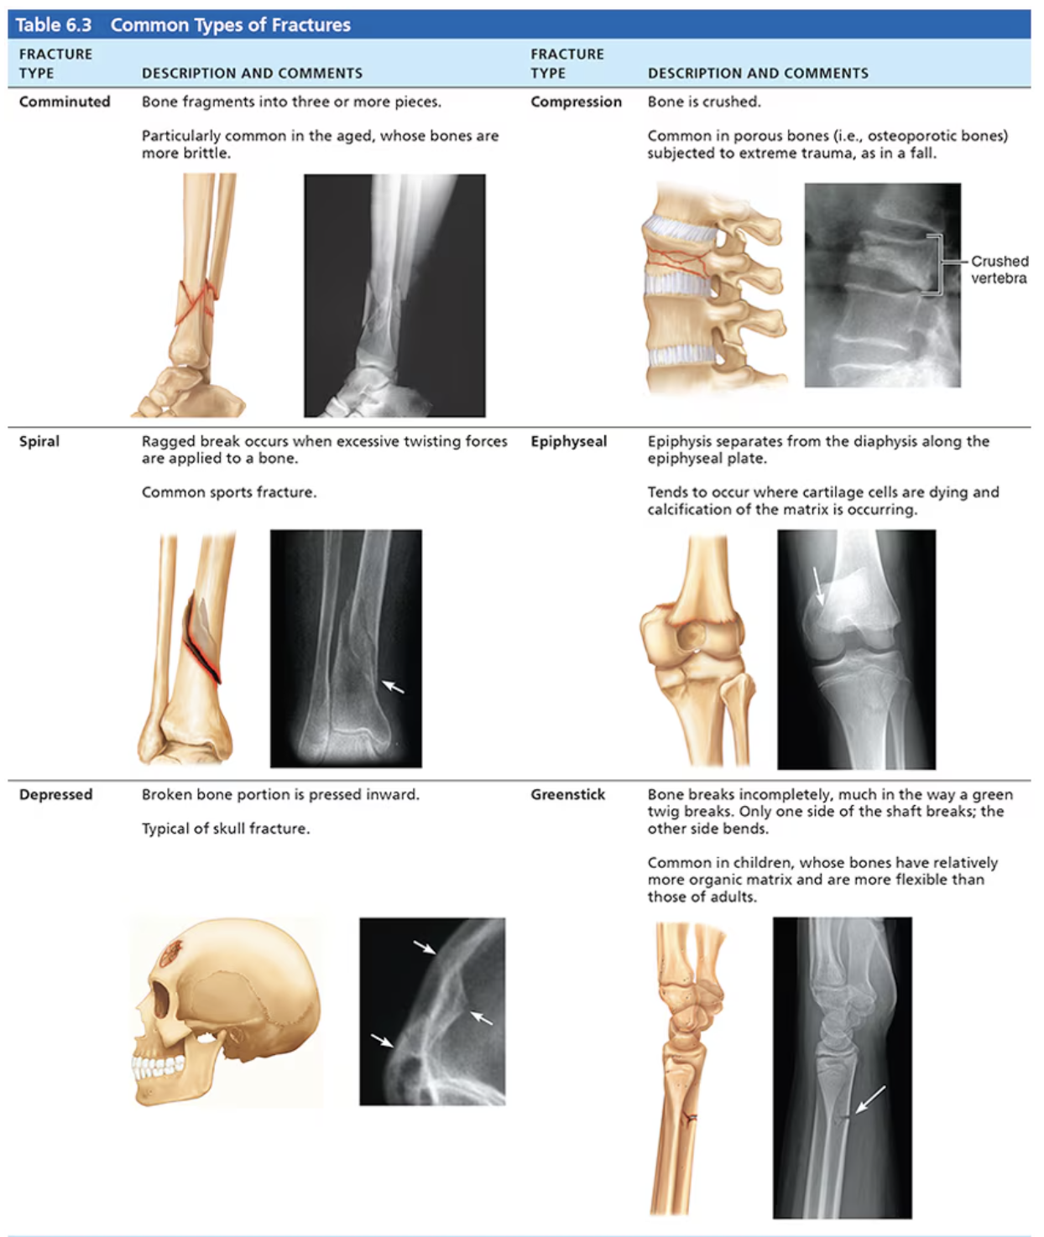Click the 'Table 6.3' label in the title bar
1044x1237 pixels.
[x=54, y=25]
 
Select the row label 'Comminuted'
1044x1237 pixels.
[x=65, y=101]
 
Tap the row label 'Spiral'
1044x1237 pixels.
[x=39, y=441]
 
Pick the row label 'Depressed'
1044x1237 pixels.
[x=55, y=794]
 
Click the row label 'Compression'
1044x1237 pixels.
[x=576, y=101]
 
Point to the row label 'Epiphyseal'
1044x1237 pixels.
[x=568, y=441]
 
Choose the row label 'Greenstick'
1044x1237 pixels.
[x=567, y=794]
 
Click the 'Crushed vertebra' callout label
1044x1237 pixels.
[x=999, y=269]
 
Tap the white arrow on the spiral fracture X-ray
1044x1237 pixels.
[x=393, y=687]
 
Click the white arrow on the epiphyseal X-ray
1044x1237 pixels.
[x=819, y=585]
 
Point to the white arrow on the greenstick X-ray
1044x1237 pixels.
[x=869, y=1099]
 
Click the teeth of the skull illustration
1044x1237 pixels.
[x=158, y=1065]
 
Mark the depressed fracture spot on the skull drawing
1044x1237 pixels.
[x=172, y=951]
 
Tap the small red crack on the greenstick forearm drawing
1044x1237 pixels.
[x=690, y=1117]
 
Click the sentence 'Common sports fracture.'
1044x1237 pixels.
[x=229, y=492]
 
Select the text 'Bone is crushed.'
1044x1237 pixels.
[x=704, y=101]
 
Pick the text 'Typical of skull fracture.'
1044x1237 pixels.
[x=226, y=829]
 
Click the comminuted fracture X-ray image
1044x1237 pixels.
[x=394, y=295]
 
